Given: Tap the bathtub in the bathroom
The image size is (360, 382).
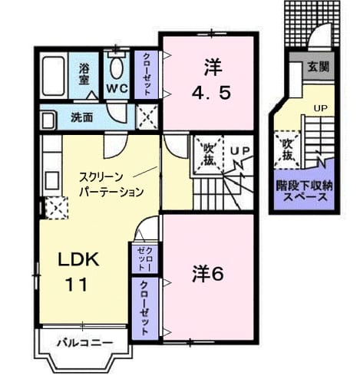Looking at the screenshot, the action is coord(54,76).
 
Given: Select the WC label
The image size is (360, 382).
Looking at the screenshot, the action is coord(117,89).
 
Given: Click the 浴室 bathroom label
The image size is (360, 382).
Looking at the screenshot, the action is coord(84,74).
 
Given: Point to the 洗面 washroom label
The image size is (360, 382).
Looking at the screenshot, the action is coord(81,117).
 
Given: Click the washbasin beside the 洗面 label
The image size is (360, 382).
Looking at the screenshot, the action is coord(48,120).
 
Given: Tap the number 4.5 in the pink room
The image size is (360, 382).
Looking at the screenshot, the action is coord(211,93).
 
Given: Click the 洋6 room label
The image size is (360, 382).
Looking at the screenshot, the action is coord(208,275).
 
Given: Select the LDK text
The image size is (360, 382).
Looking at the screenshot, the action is coord(78,259).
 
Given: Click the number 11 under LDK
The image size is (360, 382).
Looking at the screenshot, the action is coord(77,285).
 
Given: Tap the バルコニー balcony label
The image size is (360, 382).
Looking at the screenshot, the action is coord(84,343).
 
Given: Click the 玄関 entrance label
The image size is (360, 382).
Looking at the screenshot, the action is coord(319,67).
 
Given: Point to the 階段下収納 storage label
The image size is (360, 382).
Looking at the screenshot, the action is coord(304,187).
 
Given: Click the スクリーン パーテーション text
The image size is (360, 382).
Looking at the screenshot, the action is coord(111,184).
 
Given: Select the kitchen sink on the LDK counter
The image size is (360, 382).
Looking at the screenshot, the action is coord(52,180).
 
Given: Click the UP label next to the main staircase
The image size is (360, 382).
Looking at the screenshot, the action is coord(239,151).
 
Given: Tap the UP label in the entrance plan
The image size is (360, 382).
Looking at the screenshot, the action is coord(321,108).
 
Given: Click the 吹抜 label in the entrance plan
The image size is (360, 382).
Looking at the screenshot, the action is coord(287,150).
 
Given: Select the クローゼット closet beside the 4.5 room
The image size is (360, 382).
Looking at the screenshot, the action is coord(147,74).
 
